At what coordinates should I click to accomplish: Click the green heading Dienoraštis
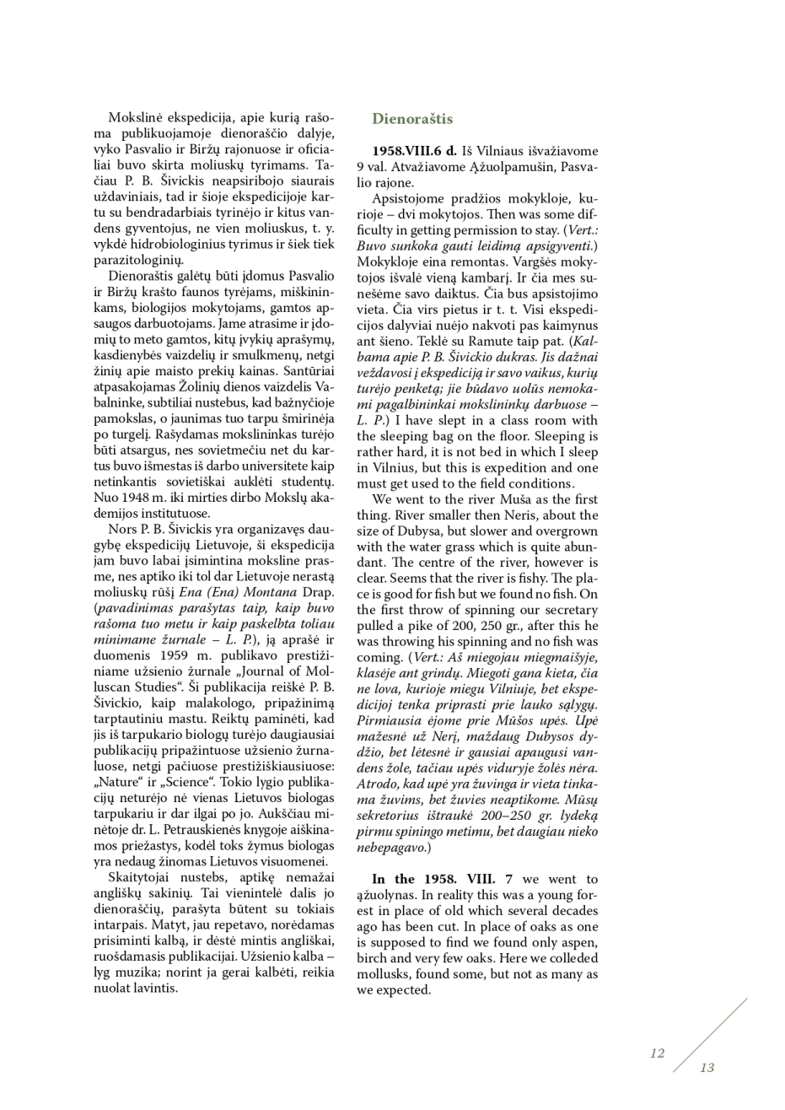tap(412, 119)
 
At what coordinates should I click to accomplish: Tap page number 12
tap(657, 1053)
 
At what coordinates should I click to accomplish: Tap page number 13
tap(707, 1067)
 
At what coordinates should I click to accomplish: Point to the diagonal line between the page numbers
tap(710, 1034)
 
